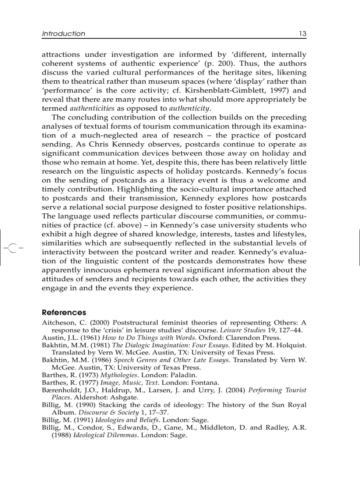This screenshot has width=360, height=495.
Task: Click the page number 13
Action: [x=302, y=33]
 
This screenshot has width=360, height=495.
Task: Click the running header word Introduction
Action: [x=64, y=33]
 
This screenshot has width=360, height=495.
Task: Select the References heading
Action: [x=64, y=313]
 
